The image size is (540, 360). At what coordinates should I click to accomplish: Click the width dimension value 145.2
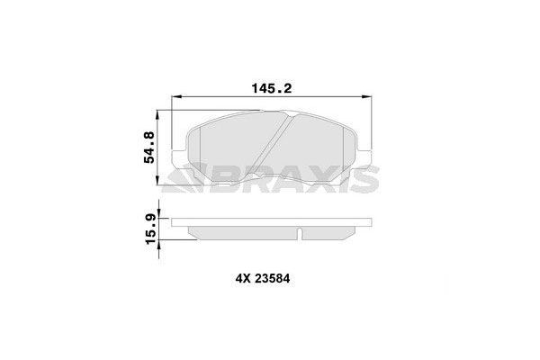[x=268, y=88]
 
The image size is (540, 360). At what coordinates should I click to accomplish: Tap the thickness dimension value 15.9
[x=148, y=228]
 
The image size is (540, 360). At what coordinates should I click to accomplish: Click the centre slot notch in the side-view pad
[x=298, y=234]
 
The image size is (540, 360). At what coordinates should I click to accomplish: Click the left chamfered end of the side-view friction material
[x=193, y=233]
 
